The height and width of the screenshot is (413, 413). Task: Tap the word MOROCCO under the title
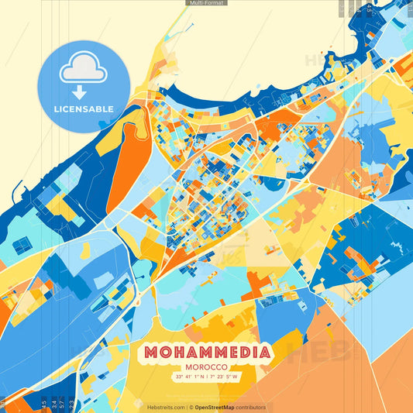coord(206,367)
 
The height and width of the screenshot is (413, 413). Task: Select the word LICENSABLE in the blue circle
coord(83,108)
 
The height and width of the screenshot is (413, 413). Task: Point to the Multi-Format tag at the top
coord(206,3)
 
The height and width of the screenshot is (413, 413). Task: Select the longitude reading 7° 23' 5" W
coord(225,377)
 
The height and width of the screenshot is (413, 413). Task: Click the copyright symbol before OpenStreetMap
coord(191,407)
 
